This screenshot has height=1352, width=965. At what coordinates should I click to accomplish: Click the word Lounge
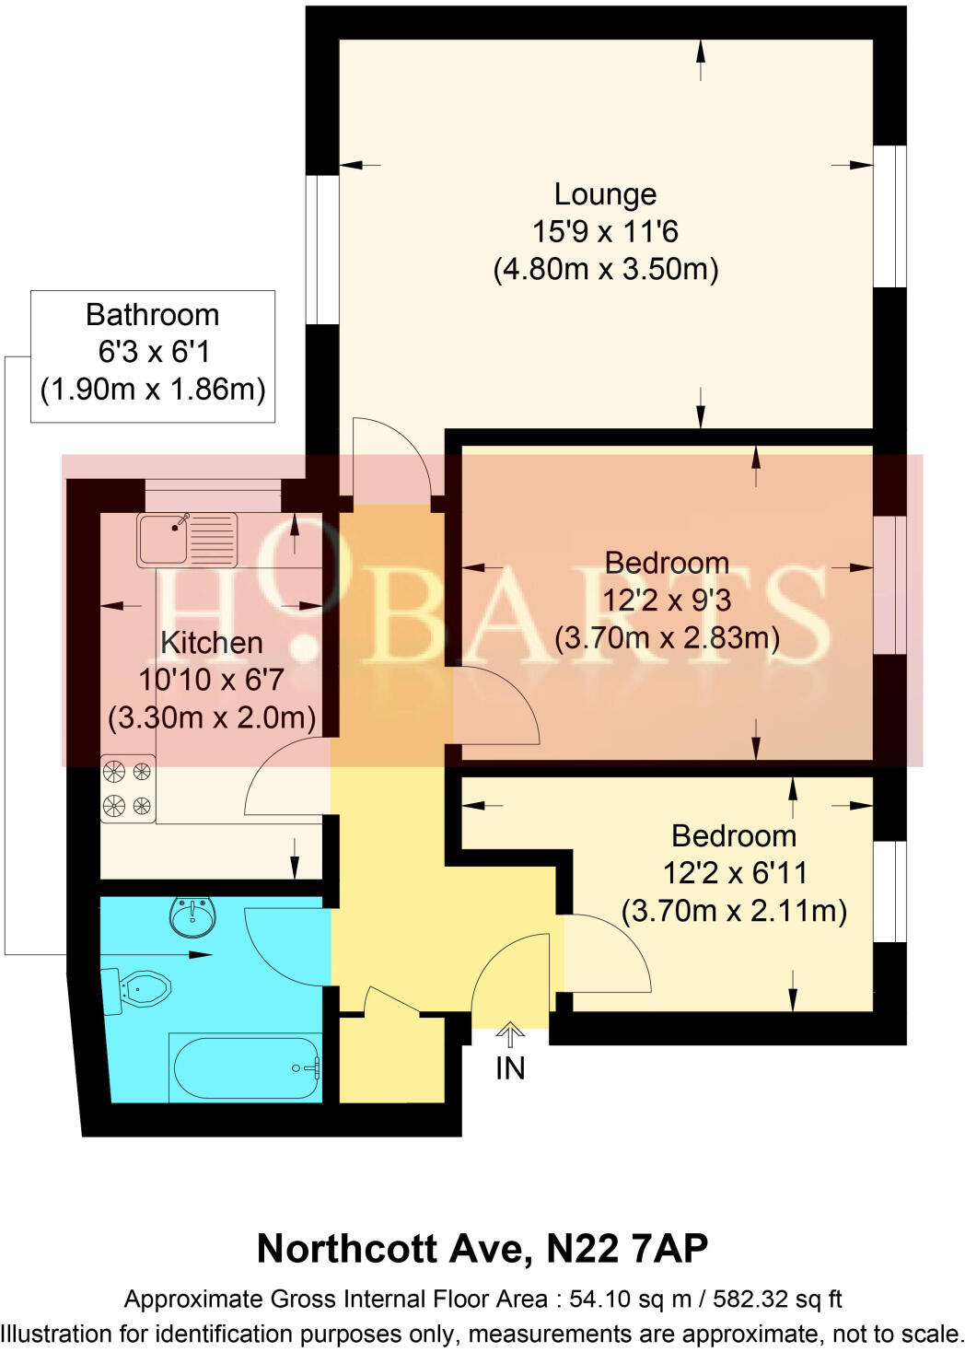click(x=605, y=194)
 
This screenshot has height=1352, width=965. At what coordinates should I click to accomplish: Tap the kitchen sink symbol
click(x=186, y=540)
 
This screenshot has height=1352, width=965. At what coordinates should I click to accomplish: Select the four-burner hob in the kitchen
click(x=128, y=787)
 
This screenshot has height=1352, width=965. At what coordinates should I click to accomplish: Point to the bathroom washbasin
click(x=192, y=915)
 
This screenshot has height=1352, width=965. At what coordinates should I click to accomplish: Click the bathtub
click(x=244, y=1067)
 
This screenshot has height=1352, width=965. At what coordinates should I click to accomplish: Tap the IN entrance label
click(x=510, y=1068)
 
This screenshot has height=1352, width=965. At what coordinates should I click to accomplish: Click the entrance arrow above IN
click(x=510, y=1034)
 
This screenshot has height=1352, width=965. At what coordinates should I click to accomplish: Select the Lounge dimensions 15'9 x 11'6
click(x=605, y=231)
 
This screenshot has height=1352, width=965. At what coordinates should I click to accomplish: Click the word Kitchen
click(x=212, y=643)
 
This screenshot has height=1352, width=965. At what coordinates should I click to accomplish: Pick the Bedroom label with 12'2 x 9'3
click(x=667, y=563)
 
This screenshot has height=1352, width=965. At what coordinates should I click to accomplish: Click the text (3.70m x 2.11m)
click(x=734, y=911)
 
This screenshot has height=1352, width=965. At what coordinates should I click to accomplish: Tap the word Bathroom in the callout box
click(x=152, y=315)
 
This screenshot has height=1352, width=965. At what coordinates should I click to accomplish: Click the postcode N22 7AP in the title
click(x=627, y=1249)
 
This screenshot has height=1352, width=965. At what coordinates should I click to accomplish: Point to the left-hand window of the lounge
click(x=323, y=249)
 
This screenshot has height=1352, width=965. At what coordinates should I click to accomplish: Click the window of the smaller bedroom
click(x=889, y=891)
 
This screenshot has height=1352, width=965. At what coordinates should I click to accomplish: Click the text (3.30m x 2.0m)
click(x=212, y=717)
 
